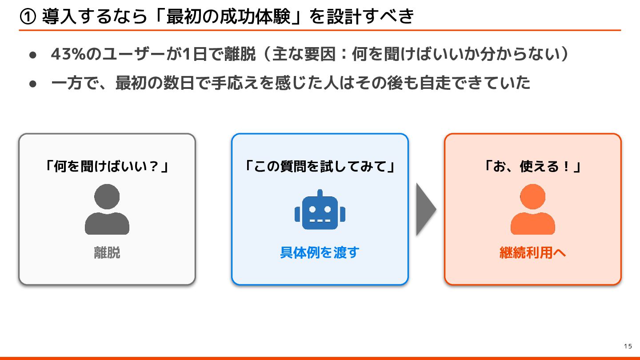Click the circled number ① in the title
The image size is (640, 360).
coord(28,17)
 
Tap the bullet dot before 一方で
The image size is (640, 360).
coord(32,84)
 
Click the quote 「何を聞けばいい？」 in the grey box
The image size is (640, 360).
coord(107,167)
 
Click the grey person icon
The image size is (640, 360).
coord(107,209)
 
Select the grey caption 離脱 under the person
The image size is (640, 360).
coord(107,253)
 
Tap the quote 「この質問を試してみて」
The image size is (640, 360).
coord(320,167)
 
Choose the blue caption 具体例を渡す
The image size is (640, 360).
coord(320,253)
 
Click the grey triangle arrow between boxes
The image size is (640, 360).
coord(425,209)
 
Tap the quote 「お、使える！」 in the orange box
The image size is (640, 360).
coord(532,167)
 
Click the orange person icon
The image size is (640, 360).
coord(532,209)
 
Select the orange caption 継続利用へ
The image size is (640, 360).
coord(532,253)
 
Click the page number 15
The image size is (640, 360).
coord(628,347)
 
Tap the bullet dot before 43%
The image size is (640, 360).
coord(32,55)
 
